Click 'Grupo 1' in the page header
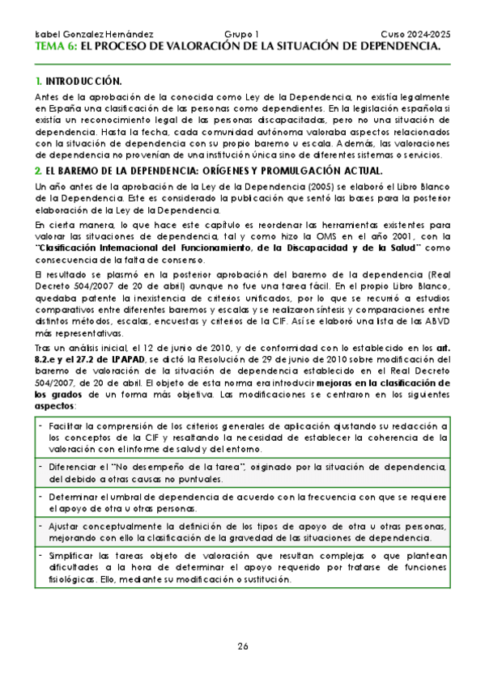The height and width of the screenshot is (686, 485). pyautogui.click(x=241, y=35)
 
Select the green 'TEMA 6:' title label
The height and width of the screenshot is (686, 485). pyautogui.click(x=57, y=47)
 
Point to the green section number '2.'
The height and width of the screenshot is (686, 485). pyautogui.click(x=38, y=171)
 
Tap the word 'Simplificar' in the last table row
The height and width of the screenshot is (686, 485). pyautogui.click(x=73, y=556)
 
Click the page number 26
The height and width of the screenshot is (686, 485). pyautogui.click(x=243, y=646)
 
